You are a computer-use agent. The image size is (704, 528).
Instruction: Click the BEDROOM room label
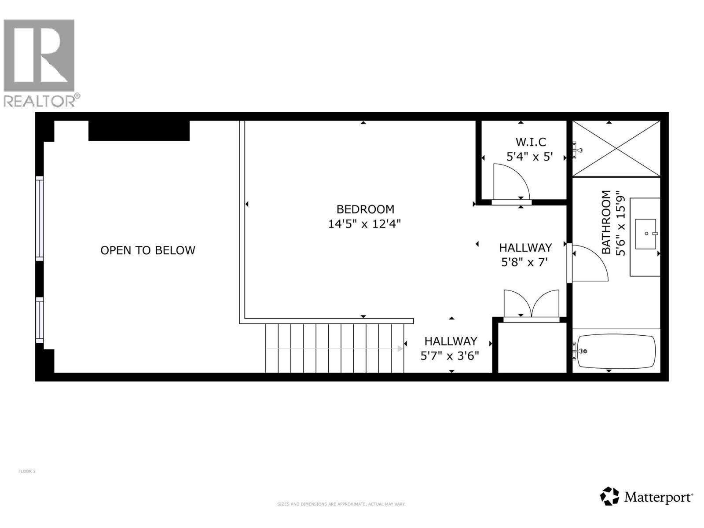coord(365,209)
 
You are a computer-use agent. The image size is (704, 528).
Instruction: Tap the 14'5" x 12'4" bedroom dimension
coord(364,224)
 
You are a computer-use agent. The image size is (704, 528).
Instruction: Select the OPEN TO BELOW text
coord(148,250)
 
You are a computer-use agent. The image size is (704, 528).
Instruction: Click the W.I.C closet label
coord(531,142)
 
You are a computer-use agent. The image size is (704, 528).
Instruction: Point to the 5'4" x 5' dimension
coord(529,157)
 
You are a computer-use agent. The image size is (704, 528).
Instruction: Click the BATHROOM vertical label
coord(606,222)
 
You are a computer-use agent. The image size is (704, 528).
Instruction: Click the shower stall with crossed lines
coord(616,148)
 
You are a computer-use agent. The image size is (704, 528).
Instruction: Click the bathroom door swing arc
coord(590,263)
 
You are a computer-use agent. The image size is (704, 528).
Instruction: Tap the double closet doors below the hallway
coord(532,304)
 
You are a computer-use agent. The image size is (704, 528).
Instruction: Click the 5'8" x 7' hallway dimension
coord(524,262)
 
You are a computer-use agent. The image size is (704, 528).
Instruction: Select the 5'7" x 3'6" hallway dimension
coord(450,356)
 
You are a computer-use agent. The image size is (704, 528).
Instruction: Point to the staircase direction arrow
coord(400,348)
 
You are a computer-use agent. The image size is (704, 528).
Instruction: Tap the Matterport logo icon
coord(610,496)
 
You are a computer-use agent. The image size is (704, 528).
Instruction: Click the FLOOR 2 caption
coord(27,471)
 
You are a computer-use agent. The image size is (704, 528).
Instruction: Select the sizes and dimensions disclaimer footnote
coord(341,504)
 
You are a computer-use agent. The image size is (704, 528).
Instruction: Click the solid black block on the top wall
coord(139,131)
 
